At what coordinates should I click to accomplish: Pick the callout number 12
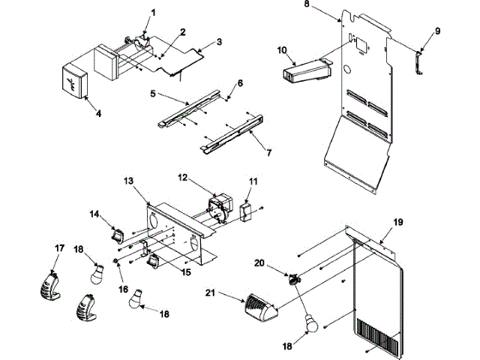pos(181,177)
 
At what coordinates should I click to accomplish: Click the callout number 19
pos(398,221)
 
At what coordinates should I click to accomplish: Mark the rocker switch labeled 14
pos(117,235)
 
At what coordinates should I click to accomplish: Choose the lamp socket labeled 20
pos(293,280)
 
